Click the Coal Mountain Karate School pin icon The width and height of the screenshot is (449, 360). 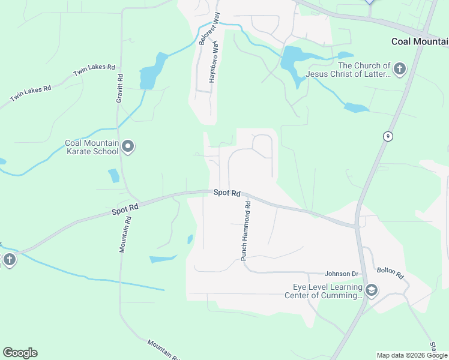point(128,146)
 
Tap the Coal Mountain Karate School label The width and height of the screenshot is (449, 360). point(92,147)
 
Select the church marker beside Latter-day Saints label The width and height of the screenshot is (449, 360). point(400,69)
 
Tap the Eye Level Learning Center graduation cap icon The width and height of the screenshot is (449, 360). point(372,290)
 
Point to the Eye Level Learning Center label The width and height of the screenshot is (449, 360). point(324,291)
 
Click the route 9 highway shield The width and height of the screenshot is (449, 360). point(388,137)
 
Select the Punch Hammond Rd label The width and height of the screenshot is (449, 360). point(245,230)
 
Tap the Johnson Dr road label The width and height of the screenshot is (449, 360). point(341,274)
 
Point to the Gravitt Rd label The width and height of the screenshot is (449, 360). point(120,88)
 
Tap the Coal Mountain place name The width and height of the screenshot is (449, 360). point(420,41)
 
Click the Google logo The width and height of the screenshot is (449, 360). point(20,353)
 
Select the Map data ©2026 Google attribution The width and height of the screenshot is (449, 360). point(412,355)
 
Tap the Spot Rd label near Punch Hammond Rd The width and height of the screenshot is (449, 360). point(227,193)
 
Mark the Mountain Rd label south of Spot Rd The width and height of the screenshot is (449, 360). point(124,234)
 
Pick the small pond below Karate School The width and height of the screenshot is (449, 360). point(113,176)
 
